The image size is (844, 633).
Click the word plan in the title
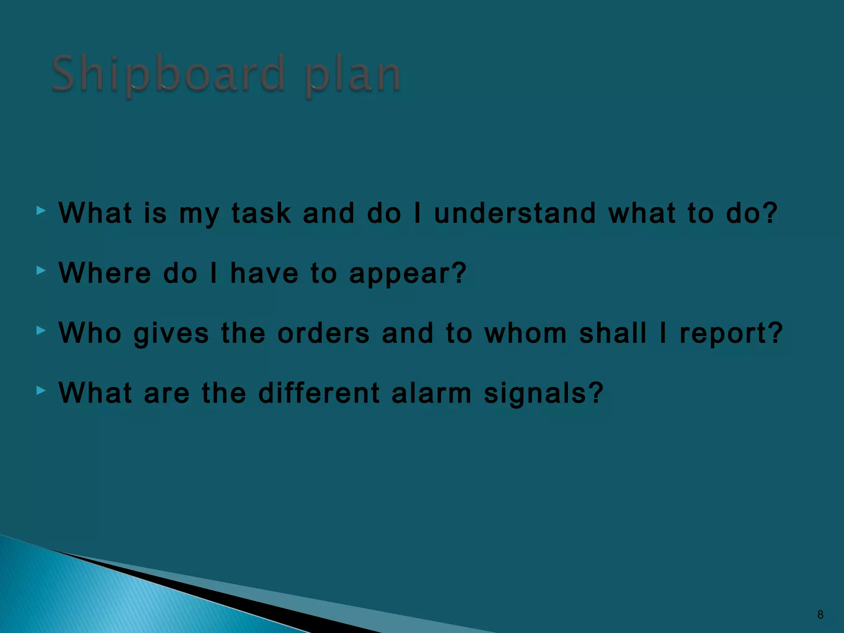[352, 76]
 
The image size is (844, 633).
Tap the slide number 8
[820, 615]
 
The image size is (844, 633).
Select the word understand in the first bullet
[515, 213]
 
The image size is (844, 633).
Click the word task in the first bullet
[261, 213]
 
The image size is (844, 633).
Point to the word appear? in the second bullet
[408, 274]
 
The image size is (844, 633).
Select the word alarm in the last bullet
[431, 393]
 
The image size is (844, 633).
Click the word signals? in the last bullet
[544, 394]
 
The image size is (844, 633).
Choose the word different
[319, 393]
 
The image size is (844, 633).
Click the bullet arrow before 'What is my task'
[41, 211]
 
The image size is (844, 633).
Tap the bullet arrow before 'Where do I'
[41, 271]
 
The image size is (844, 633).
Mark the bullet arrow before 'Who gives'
[41, 331]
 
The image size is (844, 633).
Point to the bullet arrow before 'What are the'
[41, 390]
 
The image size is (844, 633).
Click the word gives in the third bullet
[171, 334]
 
